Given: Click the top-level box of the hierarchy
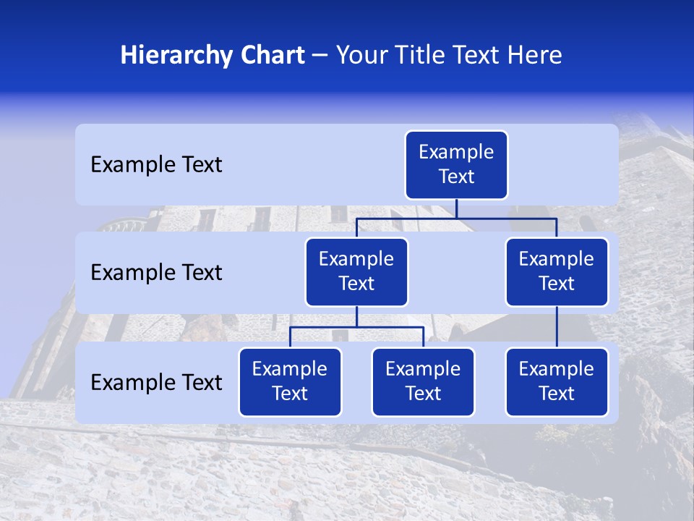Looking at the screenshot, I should tap(456, 164).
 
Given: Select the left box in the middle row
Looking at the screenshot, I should tap(356, 271).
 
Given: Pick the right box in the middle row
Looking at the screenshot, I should tap(557, 271).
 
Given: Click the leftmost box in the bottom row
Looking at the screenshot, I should tap(290, 381).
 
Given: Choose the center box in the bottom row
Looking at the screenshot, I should tap(423, 381).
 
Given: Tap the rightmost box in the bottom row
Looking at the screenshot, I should tap(557, 381).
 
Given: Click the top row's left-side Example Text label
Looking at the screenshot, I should tap(156, 165).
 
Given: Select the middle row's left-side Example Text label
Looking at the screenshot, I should tap(156, 273).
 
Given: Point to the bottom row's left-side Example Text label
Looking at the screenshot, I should tap(156, 382).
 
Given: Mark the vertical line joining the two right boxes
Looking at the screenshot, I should tap(557, 327).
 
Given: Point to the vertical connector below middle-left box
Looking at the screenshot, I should tap(356, 317).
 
